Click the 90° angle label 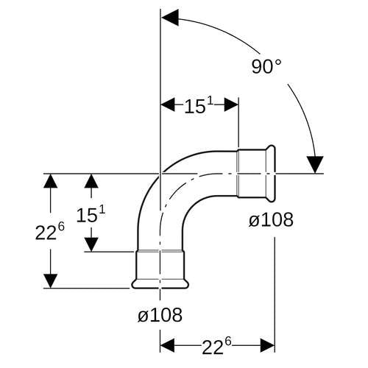pos(266,66)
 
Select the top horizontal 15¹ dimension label pos(199,105)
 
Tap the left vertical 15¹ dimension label pos(91,214)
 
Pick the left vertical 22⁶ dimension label pos(50,231)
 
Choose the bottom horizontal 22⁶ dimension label pos(216,346)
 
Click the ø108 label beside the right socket pos(271,219)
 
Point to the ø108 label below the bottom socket pos(160,314)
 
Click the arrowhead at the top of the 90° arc pos(170,18)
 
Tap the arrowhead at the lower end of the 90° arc pos(315,164)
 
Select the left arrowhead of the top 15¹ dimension pos(168,105)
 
